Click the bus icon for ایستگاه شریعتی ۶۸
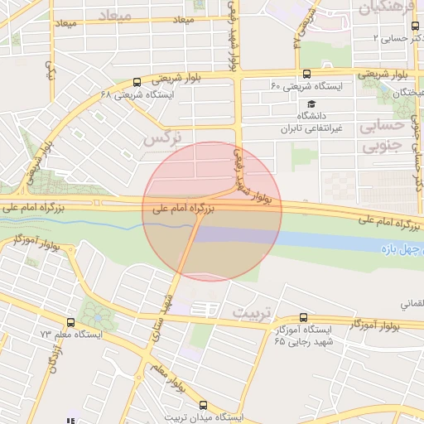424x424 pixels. coord(137,82)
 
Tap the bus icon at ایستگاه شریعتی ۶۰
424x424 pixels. coord(307,75)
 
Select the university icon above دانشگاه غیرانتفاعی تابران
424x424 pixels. coord(311,104)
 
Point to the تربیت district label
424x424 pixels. coord(250,313)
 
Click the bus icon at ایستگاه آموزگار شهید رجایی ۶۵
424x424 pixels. coord(303,317)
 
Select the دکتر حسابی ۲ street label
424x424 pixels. coord(397,38)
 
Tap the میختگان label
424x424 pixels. coord(407,92)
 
